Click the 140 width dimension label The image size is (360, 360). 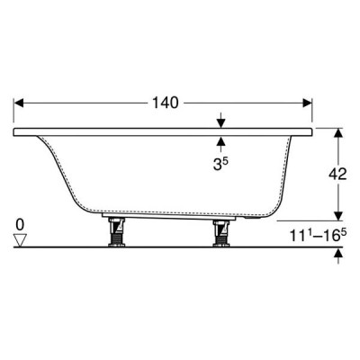[x=166, y=103]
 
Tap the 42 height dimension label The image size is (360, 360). [x=337, y=174]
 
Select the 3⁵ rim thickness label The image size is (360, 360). [x=220, y=164]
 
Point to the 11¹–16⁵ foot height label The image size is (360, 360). [x=318, y=235]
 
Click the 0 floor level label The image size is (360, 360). [x=20, y=225]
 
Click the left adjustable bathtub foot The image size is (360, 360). [x=117, y=232]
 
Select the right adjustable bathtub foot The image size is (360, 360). [x=220, y=233]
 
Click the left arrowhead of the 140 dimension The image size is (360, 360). [x=19, y=103]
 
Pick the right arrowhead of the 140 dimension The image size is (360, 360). [x=308, y=103]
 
